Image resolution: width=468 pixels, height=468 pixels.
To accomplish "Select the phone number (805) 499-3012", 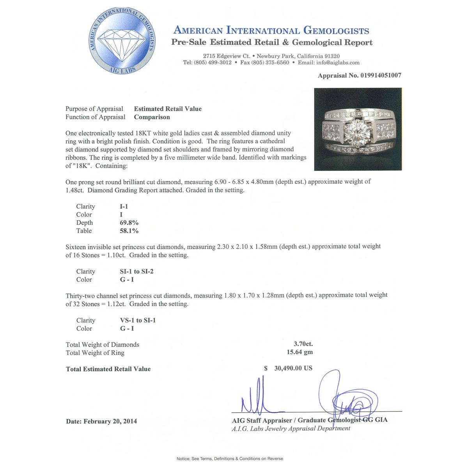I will pos(213,62).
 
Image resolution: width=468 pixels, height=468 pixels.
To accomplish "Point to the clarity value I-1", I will pos(124,206).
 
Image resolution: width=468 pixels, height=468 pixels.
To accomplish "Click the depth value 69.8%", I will pos(129,223).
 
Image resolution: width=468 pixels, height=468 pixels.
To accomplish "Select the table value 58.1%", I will pos(129,231).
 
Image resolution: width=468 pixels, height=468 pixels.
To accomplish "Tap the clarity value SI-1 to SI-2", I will pos(136,271).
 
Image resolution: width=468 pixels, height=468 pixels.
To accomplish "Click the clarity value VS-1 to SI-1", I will pos(138,320).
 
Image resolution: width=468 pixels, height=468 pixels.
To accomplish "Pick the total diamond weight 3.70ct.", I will pos(303,344).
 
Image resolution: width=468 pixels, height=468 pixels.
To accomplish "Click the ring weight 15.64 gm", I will pos(300,352).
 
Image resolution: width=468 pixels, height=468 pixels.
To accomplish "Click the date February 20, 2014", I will pos(110,421).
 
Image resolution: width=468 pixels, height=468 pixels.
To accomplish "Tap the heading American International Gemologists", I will pos(271,30).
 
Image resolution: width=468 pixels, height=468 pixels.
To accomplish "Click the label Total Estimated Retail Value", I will pos(108,369).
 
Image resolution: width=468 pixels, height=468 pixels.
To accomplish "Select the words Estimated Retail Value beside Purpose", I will pos(168,109).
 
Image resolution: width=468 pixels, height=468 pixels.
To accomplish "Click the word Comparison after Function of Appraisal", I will pos(152,117).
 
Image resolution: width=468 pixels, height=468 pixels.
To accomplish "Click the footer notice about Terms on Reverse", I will pos(230,459).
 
